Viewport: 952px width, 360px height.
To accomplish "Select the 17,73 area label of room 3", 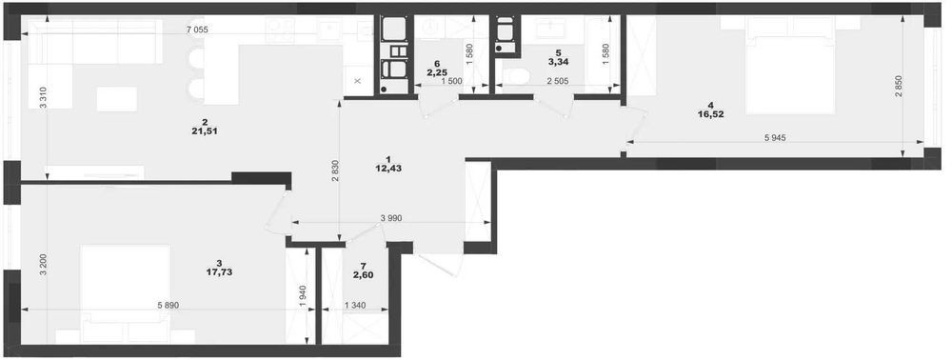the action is pyautogui.click(x=219, y=272).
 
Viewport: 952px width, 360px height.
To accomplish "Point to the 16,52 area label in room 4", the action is pyautogui.click(x=711, y=113).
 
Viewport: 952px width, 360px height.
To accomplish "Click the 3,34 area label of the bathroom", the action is pyautogui.click(x=558, y=61).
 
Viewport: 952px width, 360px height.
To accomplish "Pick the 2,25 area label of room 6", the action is pyautogui.click(x=437, y=72).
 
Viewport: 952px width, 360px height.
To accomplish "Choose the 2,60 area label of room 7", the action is pyautogui.click(x=364, y=274).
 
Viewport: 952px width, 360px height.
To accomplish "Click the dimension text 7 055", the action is pyautogui.click(x=197, y=30).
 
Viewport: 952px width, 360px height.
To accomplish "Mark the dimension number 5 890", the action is pyautogui.click(x=168, y=306).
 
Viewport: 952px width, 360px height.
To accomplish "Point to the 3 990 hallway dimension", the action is pyautogui.click(x=391, y=218).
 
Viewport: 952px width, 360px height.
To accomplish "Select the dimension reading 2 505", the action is pyautogui.click(x=557, y=81).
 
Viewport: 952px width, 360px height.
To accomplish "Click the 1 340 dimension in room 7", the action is pyautogui.click(x=355, y=306).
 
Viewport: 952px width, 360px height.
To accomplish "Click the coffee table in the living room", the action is pyautogui.click(x=116, y=99).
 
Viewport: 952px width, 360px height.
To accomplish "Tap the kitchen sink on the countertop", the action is pyautogui.click(x=330, y=30).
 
